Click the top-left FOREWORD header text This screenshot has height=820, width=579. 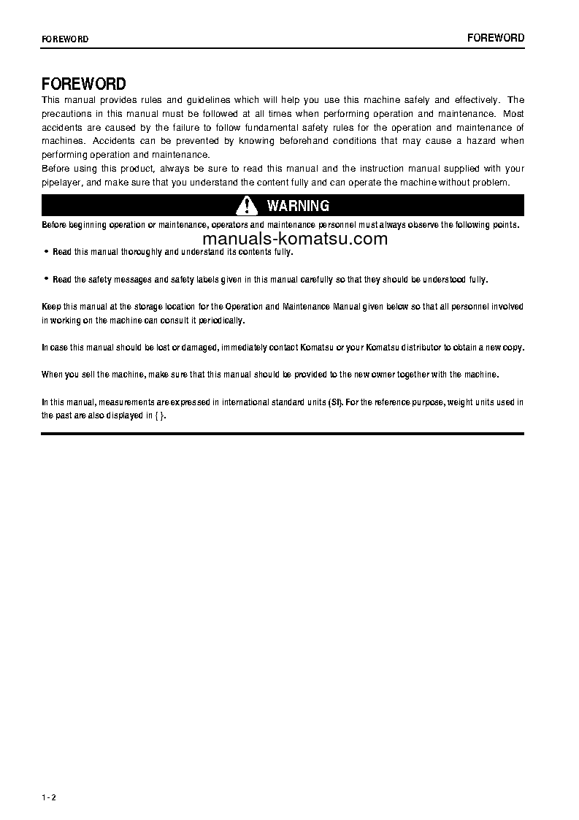coord(65,39)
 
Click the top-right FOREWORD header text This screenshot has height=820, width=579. coord(496,38)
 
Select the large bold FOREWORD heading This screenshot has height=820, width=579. coord(84,84)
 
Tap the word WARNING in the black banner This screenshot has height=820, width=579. coord(298,206)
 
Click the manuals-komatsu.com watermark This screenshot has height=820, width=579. coord(295,239)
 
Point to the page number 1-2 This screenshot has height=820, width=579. coord(49,797)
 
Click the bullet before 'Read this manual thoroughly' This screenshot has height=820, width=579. coord(46,251)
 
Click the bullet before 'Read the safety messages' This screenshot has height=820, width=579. coord(46,279)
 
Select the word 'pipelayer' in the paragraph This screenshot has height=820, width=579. coord(60,183)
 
